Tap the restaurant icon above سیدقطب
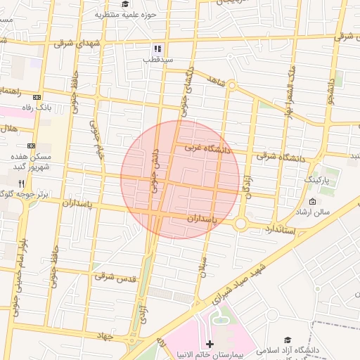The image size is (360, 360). [158, 49]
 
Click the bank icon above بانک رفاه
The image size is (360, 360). [37, 97]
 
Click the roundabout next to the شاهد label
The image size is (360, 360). [231, 86]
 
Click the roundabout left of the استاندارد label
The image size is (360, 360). [241, 224]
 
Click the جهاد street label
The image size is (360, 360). [105, 337]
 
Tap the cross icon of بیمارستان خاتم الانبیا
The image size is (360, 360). [210, 343]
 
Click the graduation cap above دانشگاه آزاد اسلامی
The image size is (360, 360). [288, 340]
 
